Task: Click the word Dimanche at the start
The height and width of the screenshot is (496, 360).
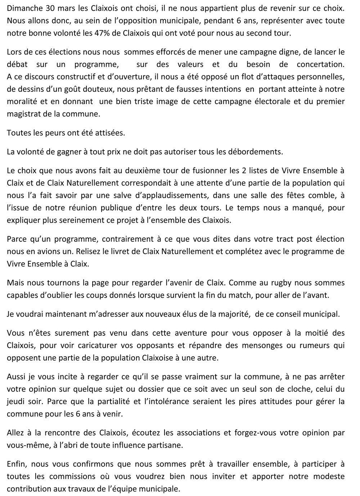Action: point(23,8)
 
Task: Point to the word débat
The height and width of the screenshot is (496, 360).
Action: point(16,64)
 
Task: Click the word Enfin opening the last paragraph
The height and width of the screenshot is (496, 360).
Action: point(16,464)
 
